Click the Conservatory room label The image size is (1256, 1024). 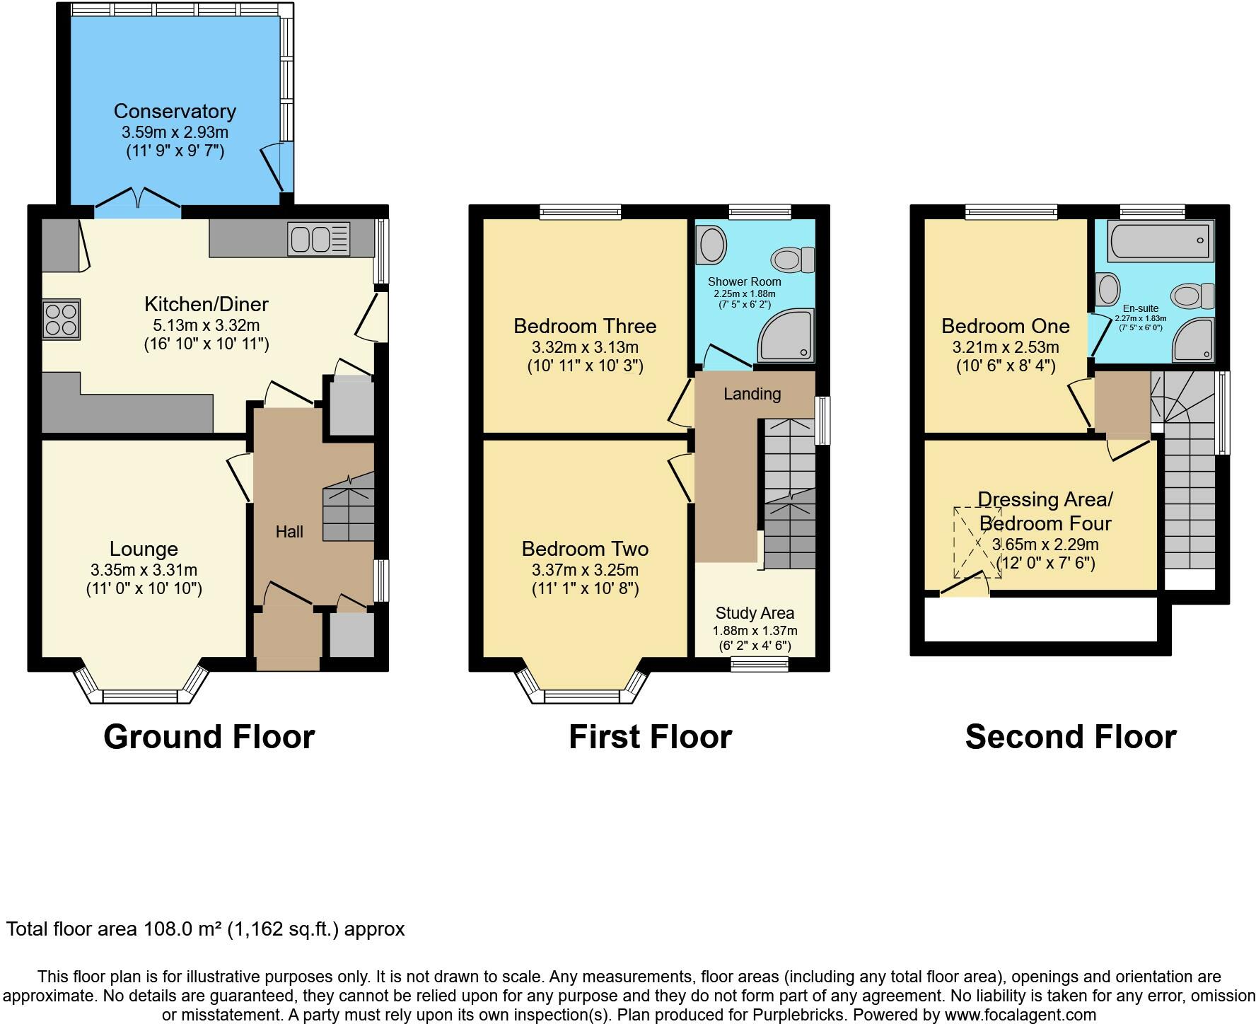coord(175,111)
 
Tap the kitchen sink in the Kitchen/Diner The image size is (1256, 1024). coord(319,238)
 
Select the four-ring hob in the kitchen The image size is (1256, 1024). coord(61,318)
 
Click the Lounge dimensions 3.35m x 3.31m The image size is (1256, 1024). coord(144,570)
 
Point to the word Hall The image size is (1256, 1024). coord(289,532)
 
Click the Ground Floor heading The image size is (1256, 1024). coord(209,737)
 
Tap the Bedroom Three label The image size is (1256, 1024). coord(585,326)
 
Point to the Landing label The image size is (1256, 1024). coord(752,394)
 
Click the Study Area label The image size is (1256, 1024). coord(755,613)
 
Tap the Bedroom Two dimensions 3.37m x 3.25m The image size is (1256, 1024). coord(585,570)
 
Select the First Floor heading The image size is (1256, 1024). coord(650,737)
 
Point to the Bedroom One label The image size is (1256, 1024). coord(1005,326)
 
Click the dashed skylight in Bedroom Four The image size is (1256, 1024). coord(978,542)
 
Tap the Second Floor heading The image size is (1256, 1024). coord(1070,737)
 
